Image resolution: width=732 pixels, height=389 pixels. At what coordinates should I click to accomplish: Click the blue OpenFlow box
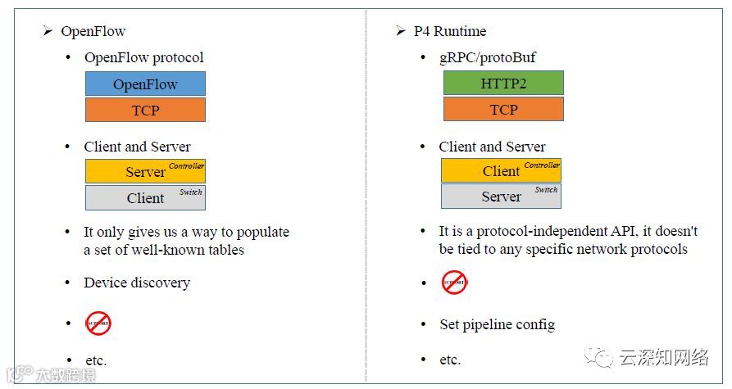tap(145, 84)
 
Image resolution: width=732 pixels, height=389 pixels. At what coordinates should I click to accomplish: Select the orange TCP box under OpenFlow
tap(145, 110)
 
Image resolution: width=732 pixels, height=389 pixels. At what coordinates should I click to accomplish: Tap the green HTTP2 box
tap(503, 84)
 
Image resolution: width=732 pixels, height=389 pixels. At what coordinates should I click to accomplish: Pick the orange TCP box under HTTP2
tap(503, 110)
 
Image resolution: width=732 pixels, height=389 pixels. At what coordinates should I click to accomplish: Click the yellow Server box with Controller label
tap(145, 171)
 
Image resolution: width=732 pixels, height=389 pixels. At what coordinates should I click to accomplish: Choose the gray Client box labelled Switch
tap(145, 197)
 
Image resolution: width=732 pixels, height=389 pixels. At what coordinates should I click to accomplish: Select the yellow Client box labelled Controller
tap(501, 170)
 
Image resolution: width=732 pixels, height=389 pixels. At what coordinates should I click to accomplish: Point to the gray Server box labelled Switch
tap(501, 197)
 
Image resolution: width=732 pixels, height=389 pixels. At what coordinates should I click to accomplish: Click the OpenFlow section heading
tap(93, 32)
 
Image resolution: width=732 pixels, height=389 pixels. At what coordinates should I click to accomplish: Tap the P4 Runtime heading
tap(448, 32)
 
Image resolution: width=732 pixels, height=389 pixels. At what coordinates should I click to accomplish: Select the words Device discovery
tap(137, 283)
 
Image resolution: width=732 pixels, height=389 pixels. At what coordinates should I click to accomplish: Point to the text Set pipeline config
tap(497, 324)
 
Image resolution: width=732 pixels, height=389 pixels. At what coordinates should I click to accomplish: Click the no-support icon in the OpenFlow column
tap(98, 323)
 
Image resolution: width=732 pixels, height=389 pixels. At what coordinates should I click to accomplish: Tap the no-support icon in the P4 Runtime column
tap(454, 283)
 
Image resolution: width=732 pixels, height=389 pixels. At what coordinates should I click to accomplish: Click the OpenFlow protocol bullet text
tap(143, 58)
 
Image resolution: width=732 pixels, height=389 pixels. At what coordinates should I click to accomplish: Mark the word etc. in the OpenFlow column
tap(96, 360)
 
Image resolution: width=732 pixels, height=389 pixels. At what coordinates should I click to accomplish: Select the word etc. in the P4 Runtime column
tap(450, 360)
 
